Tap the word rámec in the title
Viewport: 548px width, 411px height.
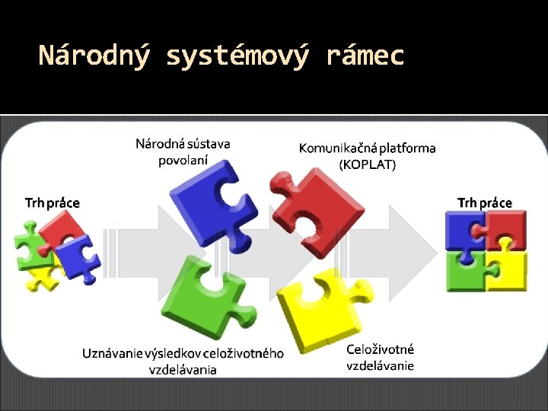[x=365, y=56]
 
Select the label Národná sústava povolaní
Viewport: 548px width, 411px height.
[x=183, y=151]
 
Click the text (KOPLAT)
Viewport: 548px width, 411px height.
[x=368, y=164]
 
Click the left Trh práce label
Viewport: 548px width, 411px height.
[x=52, y=202]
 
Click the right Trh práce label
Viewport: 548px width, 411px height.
[x=485, y=202]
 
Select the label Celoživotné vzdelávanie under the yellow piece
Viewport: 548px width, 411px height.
[x=381, y=357]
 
